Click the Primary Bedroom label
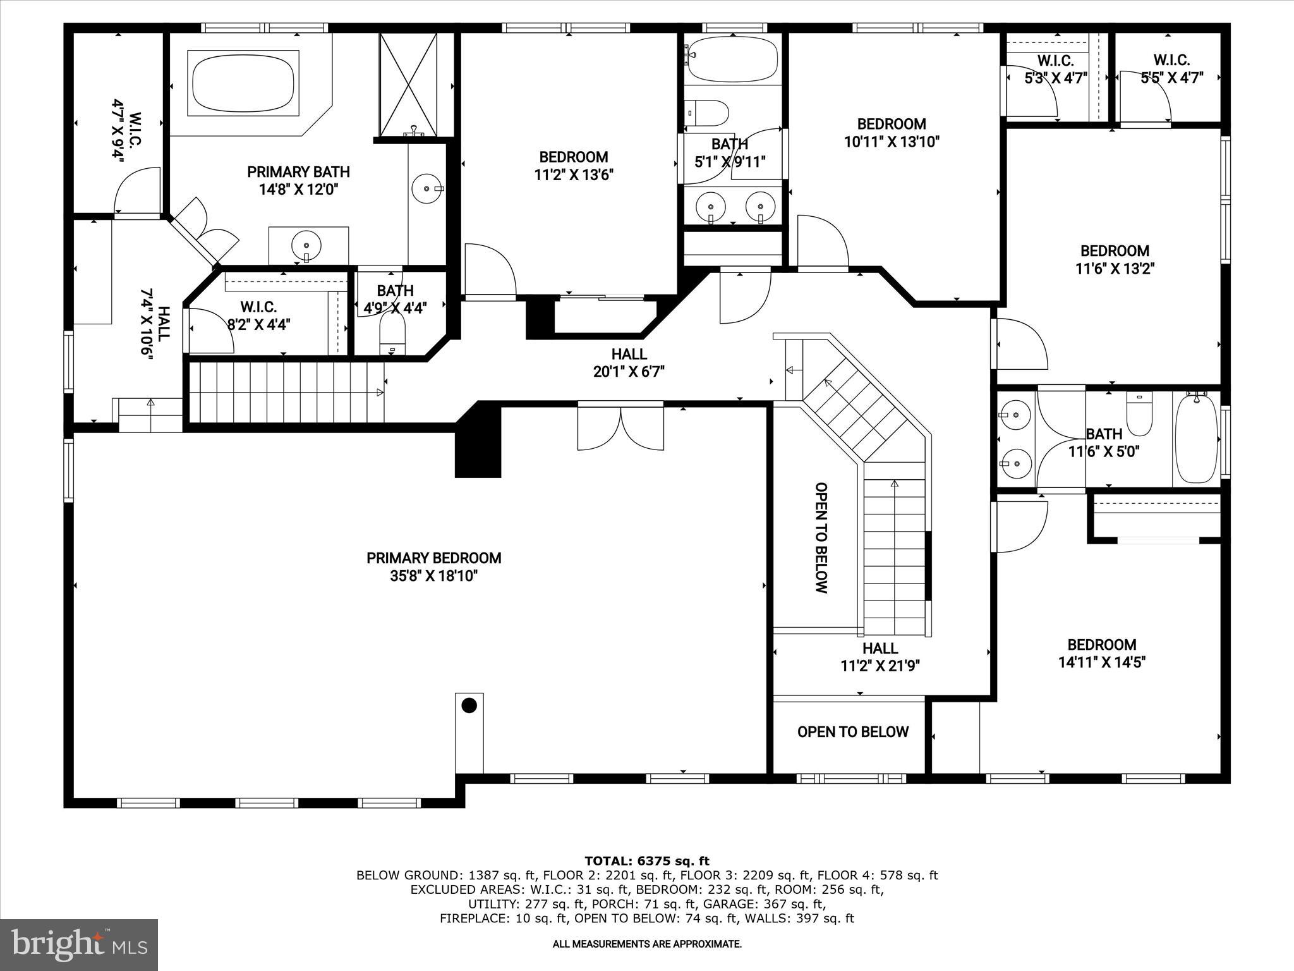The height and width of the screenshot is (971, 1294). tap(433, 558)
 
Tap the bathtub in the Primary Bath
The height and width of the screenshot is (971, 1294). tap(243, 83)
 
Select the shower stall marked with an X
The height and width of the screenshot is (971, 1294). tap(408, 84)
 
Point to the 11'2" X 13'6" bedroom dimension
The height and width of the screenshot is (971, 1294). tap(574, 174)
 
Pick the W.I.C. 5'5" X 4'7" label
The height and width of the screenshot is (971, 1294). tap(1171, 69)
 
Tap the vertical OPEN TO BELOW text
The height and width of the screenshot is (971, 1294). tap(821, 537)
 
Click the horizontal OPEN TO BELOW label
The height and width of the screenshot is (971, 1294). tap(852, 732)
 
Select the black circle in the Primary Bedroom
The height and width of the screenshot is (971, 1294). tap(469, 705)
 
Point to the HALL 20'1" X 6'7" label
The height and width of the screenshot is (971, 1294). tap(629, 363)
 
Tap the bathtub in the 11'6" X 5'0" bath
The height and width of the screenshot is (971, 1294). tap(1195, 438)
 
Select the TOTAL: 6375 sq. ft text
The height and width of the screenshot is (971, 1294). tap(646, 861)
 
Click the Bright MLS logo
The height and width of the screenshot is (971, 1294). tap(79, 944)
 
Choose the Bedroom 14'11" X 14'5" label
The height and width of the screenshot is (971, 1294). tap(1101, 653)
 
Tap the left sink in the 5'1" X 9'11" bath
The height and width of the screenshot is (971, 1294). tap(711, 206)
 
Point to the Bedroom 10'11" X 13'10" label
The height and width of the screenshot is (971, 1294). tap(892, 133)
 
